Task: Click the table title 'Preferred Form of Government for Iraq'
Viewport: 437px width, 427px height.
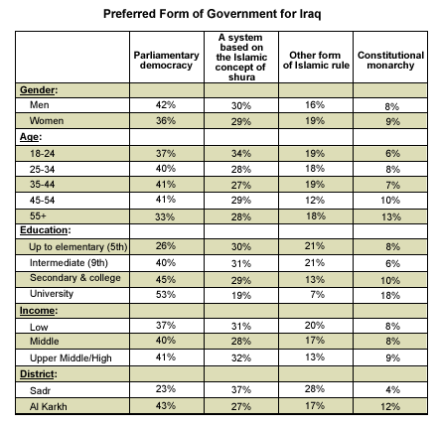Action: tap(212, 14)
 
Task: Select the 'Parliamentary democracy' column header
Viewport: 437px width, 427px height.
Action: tap(166, 60)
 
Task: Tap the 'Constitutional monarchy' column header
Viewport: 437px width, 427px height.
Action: tap(390, 60)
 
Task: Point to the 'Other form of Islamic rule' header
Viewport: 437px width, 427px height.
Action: tap(316, 60)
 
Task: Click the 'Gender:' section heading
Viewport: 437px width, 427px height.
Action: tap(39, 90)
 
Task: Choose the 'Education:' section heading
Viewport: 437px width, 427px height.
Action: tap(46, 230)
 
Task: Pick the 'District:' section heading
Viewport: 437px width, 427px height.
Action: tap(39, 374)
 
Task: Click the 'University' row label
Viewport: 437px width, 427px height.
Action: tap(52, 294)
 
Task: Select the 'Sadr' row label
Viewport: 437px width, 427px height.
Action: tap(40, 390)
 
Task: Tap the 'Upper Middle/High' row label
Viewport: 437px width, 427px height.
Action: tap(71, 358)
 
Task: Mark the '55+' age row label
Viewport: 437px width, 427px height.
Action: tap(38, 215)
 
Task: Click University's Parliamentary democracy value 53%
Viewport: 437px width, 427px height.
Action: tap(166, 294)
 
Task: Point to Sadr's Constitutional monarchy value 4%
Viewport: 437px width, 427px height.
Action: tap(392, 389)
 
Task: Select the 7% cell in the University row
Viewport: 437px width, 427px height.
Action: tap(317, 294)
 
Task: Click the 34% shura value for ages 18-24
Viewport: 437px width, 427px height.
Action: tap(241, 154)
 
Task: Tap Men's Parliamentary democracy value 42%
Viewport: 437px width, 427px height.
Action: tap(166, 105)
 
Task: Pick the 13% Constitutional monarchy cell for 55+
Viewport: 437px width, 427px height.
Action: tap(391, 217)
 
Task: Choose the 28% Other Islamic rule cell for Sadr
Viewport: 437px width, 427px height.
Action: tap(315, 389)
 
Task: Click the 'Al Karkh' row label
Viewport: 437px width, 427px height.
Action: tap(49, 406)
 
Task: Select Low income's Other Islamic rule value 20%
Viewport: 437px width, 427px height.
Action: tap(315, 326)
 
